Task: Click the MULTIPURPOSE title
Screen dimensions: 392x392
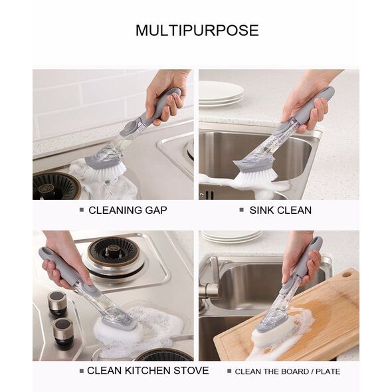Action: coord(197,31)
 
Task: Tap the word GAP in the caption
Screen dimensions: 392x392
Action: coord(156,210)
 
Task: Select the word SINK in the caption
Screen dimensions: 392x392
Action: coord(262,210)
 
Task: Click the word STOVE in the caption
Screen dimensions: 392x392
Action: coord(191,371)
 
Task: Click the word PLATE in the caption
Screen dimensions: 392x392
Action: coord(328,371)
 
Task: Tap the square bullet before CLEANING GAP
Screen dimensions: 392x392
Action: coord(82,210)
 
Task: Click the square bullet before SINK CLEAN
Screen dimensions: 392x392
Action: coord(241,210)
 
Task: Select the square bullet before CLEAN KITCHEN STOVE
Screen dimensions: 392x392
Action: coord(82,371)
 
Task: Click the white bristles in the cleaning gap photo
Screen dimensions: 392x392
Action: coord(110,173)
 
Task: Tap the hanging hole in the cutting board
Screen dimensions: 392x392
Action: coord(346,275)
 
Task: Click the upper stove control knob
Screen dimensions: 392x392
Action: coord(56,302)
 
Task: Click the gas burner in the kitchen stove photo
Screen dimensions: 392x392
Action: coord(114,256)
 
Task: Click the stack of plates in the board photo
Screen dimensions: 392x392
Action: coord(232,237)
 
